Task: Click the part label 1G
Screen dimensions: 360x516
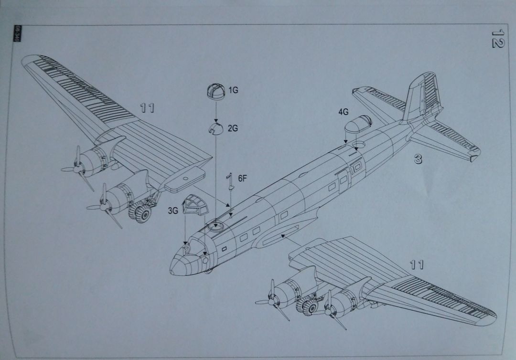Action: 233,90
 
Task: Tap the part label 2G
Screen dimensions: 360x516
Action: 233,128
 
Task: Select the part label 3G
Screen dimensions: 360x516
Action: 173,211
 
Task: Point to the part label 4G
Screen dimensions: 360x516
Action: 343,112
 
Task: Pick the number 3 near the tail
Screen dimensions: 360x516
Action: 418,159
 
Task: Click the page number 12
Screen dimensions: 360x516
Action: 497,38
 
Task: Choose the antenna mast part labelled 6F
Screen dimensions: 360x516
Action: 230,182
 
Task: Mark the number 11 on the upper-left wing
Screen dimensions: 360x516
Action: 148,108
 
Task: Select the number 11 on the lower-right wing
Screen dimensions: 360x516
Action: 416,265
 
